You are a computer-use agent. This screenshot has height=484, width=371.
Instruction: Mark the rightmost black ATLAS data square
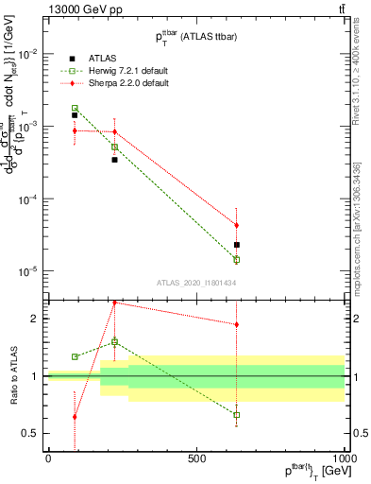click(x=237, y=245)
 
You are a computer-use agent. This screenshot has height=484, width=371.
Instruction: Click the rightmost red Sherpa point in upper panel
click(x=237, y=225)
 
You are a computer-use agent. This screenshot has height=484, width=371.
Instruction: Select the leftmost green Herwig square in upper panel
click(x=75, y=109)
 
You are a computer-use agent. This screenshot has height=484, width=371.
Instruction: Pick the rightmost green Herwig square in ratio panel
click(x=237, y=414)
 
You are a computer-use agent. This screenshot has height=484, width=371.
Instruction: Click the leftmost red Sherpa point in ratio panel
click(x=75, y=416)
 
